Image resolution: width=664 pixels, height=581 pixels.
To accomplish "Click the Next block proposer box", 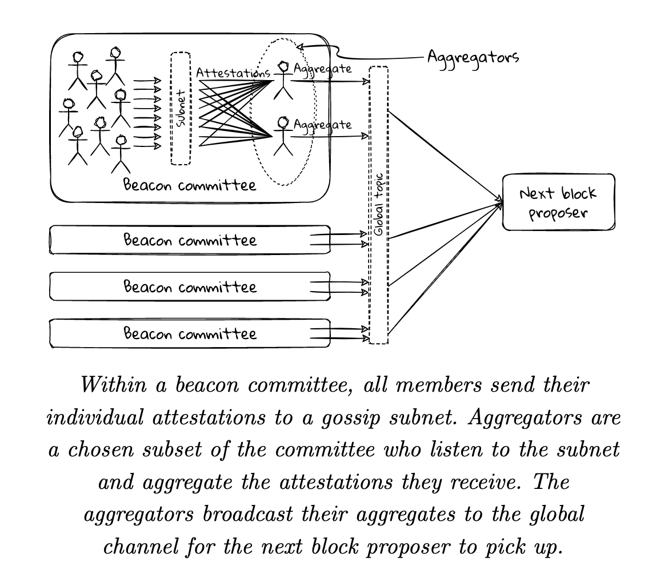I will point(558,202).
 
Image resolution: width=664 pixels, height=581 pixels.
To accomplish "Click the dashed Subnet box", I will point(181,109).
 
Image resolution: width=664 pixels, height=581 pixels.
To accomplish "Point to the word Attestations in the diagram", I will point(233,73).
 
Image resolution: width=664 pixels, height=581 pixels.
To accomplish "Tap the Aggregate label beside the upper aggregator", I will point(322,69).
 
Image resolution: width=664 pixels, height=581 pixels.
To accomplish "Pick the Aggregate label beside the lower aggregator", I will point(322,124).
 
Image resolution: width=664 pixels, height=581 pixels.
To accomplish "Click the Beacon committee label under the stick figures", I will point(190,185).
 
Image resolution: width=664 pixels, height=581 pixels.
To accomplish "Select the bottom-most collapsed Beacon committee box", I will point(190,333).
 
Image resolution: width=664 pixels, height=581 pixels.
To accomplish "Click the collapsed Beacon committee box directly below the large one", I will point(190,240).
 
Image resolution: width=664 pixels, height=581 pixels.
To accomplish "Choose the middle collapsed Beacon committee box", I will point(190,286).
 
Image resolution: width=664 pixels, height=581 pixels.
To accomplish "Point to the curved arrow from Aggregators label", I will point(366,57).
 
